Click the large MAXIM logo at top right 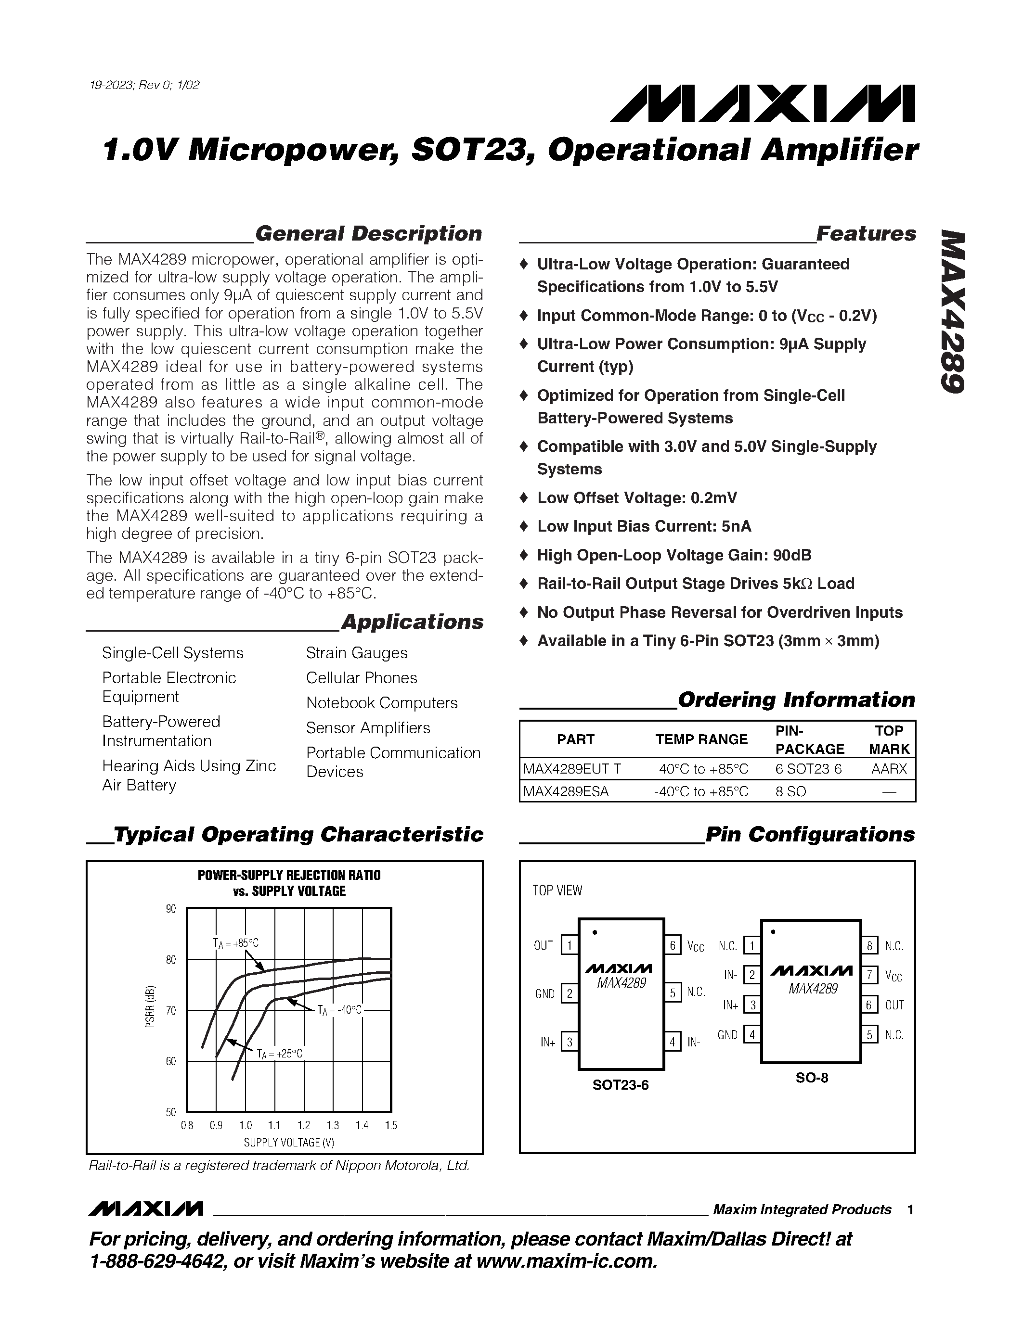click(763, 103)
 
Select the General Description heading click(368, 234)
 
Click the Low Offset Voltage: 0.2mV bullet click(636, 498)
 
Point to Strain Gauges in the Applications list click(356, 653)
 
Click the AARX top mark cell click(889, 769)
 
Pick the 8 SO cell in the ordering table click(790, 791)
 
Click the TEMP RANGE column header click(701, 739)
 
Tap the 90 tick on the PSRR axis click(171, 909)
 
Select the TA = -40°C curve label click(339, 1010)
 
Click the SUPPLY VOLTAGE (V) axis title click(288, 1143)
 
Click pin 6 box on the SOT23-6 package click(672, 945)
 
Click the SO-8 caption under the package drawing click(812, 1078)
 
